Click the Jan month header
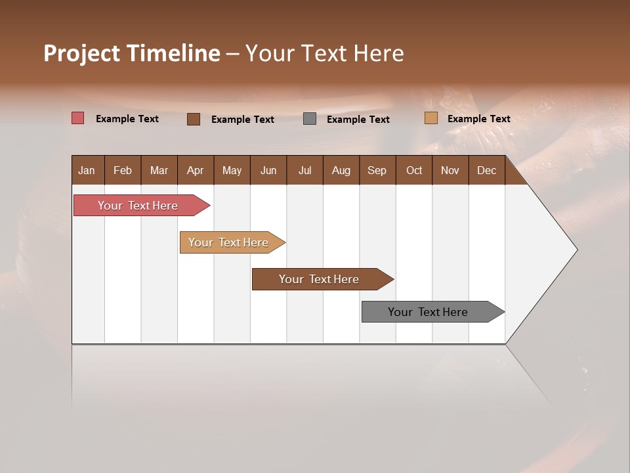pos(87,170)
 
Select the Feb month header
pos(123,170)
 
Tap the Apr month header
pos(196,170)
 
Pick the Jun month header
pos(268,170)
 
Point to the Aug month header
pos(341,170)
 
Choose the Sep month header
pos(377,170)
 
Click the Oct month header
pos(414,170)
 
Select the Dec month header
pos(487,170)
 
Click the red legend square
pos(78,118)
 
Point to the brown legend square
pos(194,119)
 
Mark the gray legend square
pos(310,119)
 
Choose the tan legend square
pos(431,118)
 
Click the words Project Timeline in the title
pos(132,53)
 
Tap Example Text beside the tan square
pos(479,119)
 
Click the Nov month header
pos(450,170)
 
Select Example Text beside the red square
pos(127,119)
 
